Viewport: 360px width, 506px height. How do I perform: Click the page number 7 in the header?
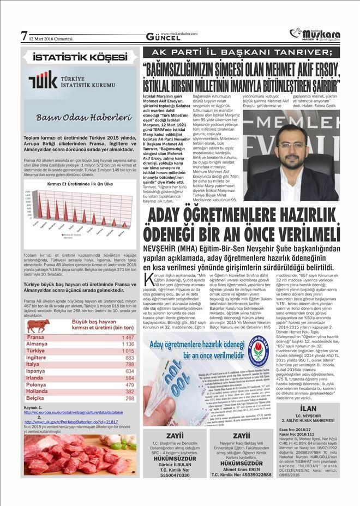click(24, 37)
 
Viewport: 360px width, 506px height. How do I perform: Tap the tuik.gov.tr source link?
click(71, 422)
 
